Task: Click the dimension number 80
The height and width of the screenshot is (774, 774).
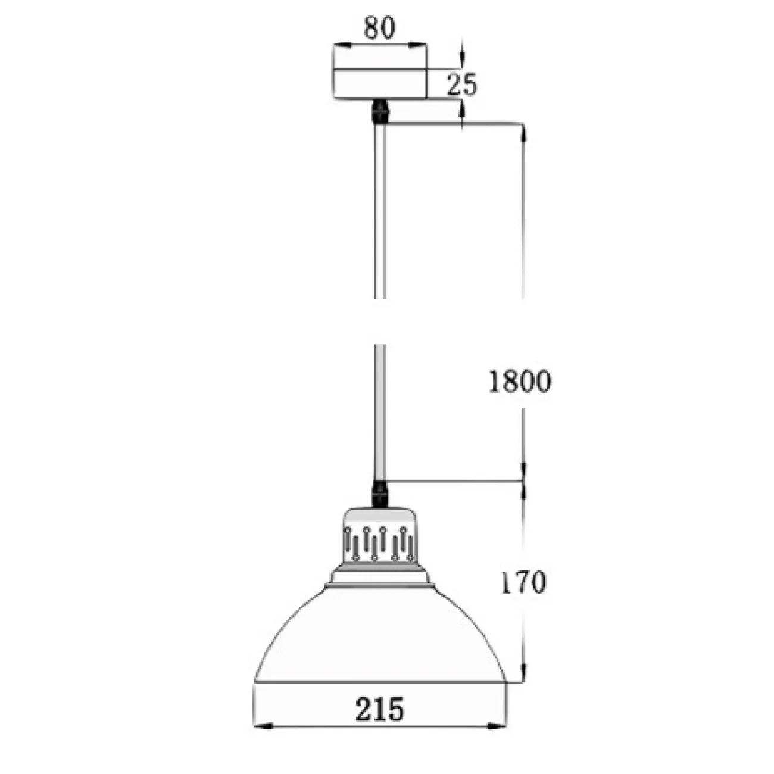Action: (x=379, y=28)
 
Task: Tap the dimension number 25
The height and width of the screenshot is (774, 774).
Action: (x=462, y=85)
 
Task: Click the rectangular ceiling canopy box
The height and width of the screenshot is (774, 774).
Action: (x=380, y=72)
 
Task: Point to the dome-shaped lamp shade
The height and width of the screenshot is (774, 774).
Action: (x=380, y=635)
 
